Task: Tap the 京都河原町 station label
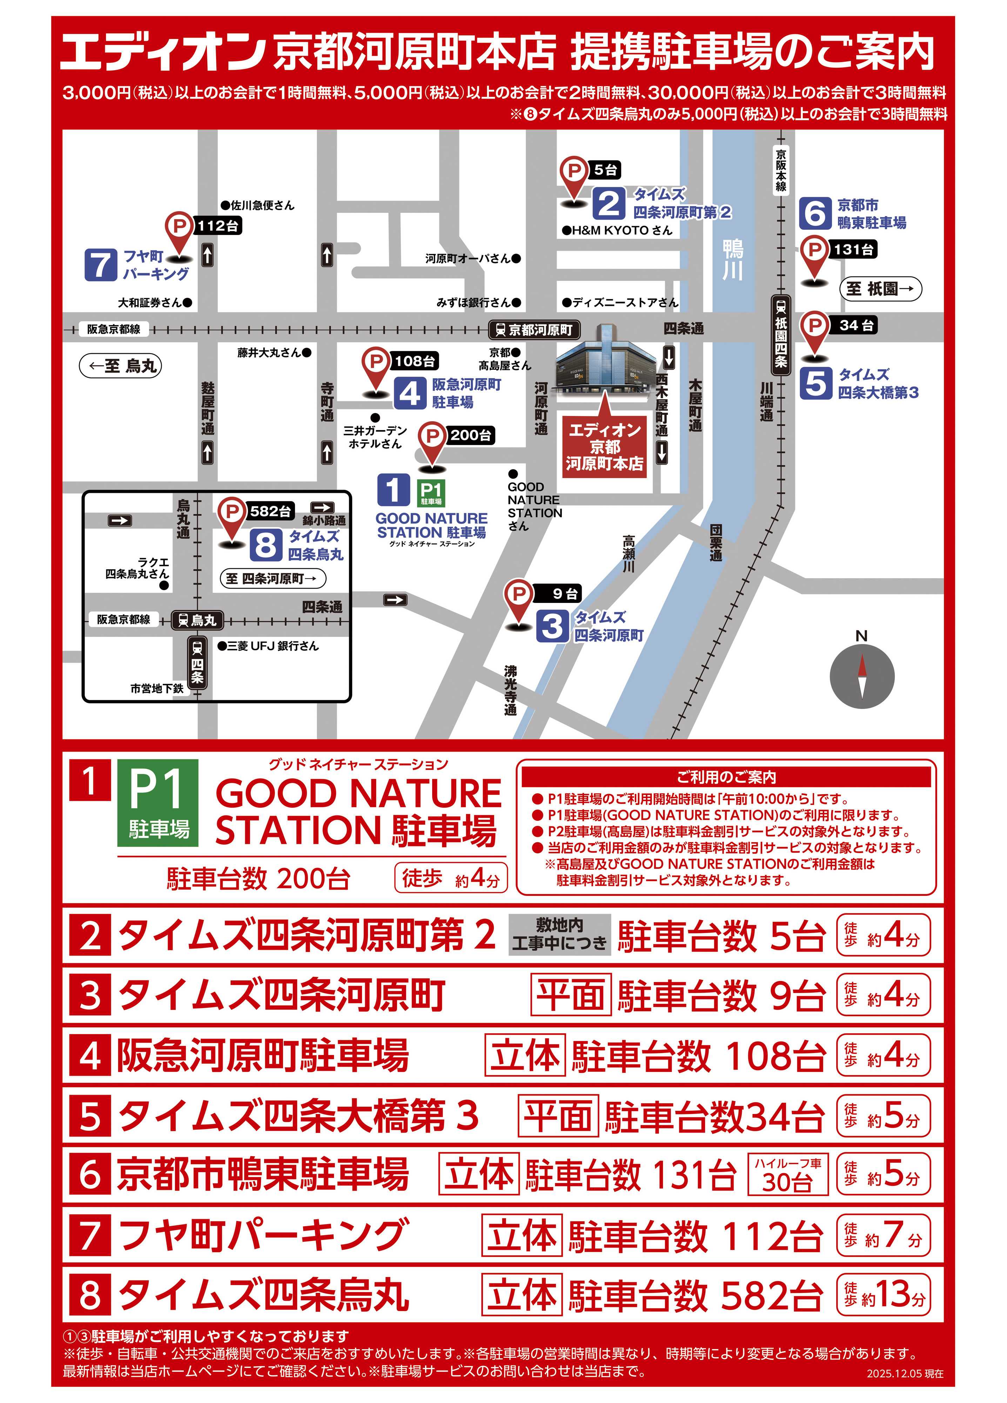tap(535, 330)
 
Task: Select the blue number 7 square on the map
tap(101, 265)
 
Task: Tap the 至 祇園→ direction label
tap(880, 289)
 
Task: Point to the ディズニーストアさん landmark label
tap(620, 302)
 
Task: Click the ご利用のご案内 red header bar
tap(726, 777)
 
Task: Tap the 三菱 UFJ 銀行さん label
tap(268, 646)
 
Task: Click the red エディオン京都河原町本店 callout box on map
tap(604, 446)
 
